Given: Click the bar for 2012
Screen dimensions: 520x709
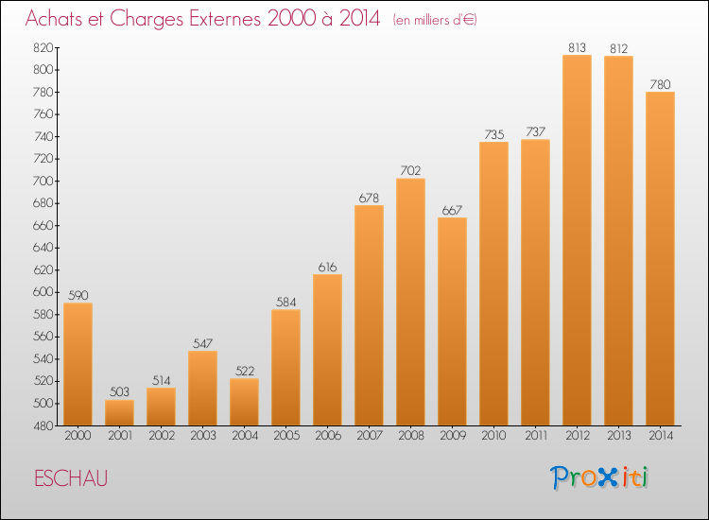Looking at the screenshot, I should [577, 240].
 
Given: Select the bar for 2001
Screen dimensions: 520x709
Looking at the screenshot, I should [119, 413].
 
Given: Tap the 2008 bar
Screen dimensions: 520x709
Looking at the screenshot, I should [410, 303].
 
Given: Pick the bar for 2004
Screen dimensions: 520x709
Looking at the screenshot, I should [244, 402].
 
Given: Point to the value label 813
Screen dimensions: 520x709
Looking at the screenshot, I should [577, 47].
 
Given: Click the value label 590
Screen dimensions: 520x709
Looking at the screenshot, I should [78, 295].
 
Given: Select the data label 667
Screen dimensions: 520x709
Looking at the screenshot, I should [452, 210].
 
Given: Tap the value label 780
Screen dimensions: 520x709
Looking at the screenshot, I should [660, 84].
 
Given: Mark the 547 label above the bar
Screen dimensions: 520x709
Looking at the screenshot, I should [202, 343].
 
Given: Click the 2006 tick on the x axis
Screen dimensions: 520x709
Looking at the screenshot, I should [327, 436].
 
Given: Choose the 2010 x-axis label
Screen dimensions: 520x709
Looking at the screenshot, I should [493, 436].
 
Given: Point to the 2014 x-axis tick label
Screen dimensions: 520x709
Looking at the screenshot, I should [660, 436].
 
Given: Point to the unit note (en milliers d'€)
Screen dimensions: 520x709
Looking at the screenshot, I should [434, 20].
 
